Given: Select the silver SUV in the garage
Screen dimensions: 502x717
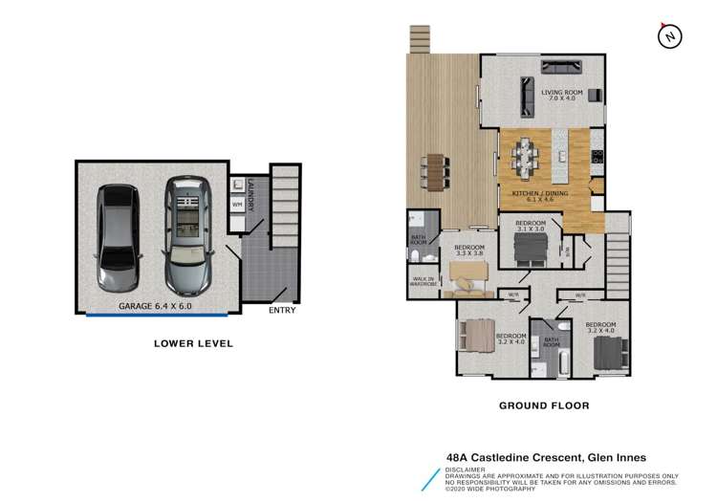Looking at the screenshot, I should (x=187, y=234).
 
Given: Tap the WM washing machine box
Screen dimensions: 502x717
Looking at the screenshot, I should (x=236, y=204).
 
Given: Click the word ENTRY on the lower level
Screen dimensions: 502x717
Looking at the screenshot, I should (x=282, y=310).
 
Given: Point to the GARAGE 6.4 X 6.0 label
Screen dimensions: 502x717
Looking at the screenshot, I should (x=155, y=306).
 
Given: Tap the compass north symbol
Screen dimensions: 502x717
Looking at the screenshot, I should (x=671, y=36).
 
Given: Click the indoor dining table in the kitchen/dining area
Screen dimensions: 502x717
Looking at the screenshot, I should (x=528, y=155).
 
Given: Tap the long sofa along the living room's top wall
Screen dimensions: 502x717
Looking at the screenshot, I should (x=572, y=67).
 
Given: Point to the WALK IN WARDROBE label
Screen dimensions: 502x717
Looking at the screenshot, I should (x=424, y=282).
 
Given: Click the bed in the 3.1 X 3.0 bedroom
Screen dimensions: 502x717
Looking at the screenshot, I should (x=527, y=248).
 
